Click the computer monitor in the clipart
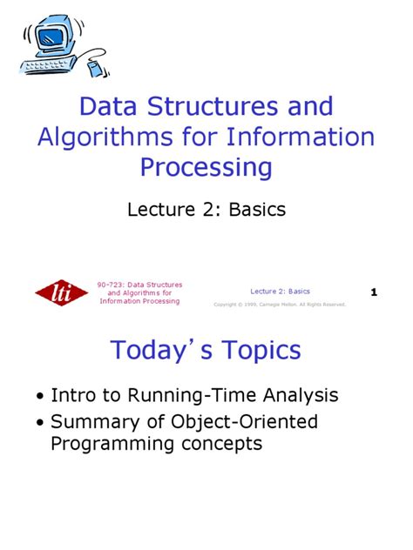coord(53,36)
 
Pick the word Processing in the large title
coord(206,166)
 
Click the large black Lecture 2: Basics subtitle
coord(206,209)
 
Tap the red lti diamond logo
coord(61,293)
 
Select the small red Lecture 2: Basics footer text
coord(280,292)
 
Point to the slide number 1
coord(374,293)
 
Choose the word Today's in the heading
coord(158,350)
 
